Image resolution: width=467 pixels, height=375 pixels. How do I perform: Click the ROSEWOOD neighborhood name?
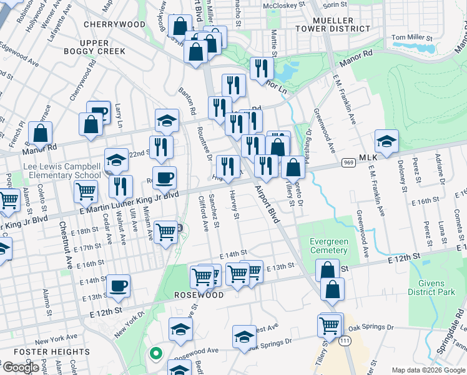198,295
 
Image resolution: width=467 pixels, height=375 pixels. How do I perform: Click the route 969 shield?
348,162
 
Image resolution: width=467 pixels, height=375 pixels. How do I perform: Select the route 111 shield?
344,341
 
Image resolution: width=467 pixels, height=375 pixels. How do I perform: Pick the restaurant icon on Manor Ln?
261,69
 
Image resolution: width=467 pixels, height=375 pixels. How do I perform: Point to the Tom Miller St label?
411,38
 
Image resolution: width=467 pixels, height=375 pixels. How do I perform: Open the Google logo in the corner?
20,367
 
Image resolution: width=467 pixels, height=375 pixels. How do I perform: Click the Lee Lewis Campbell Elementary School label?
61,171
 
